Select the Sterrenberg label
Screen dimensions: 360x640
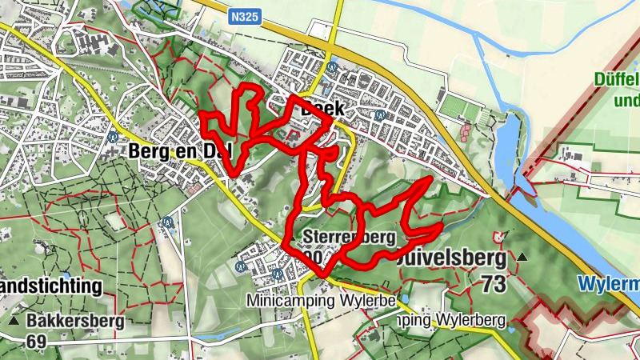[x=350, y=237]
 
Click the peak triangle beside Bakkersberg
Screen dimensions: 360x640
[x=15, y=322]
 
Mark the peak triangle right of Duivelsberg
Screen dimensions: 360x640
[x=522, y=257]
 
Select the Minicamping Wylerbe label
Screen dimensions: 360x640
[x=322, y=301]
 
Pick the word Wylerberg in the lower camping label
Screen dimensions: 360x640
[x=471, y=322]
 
